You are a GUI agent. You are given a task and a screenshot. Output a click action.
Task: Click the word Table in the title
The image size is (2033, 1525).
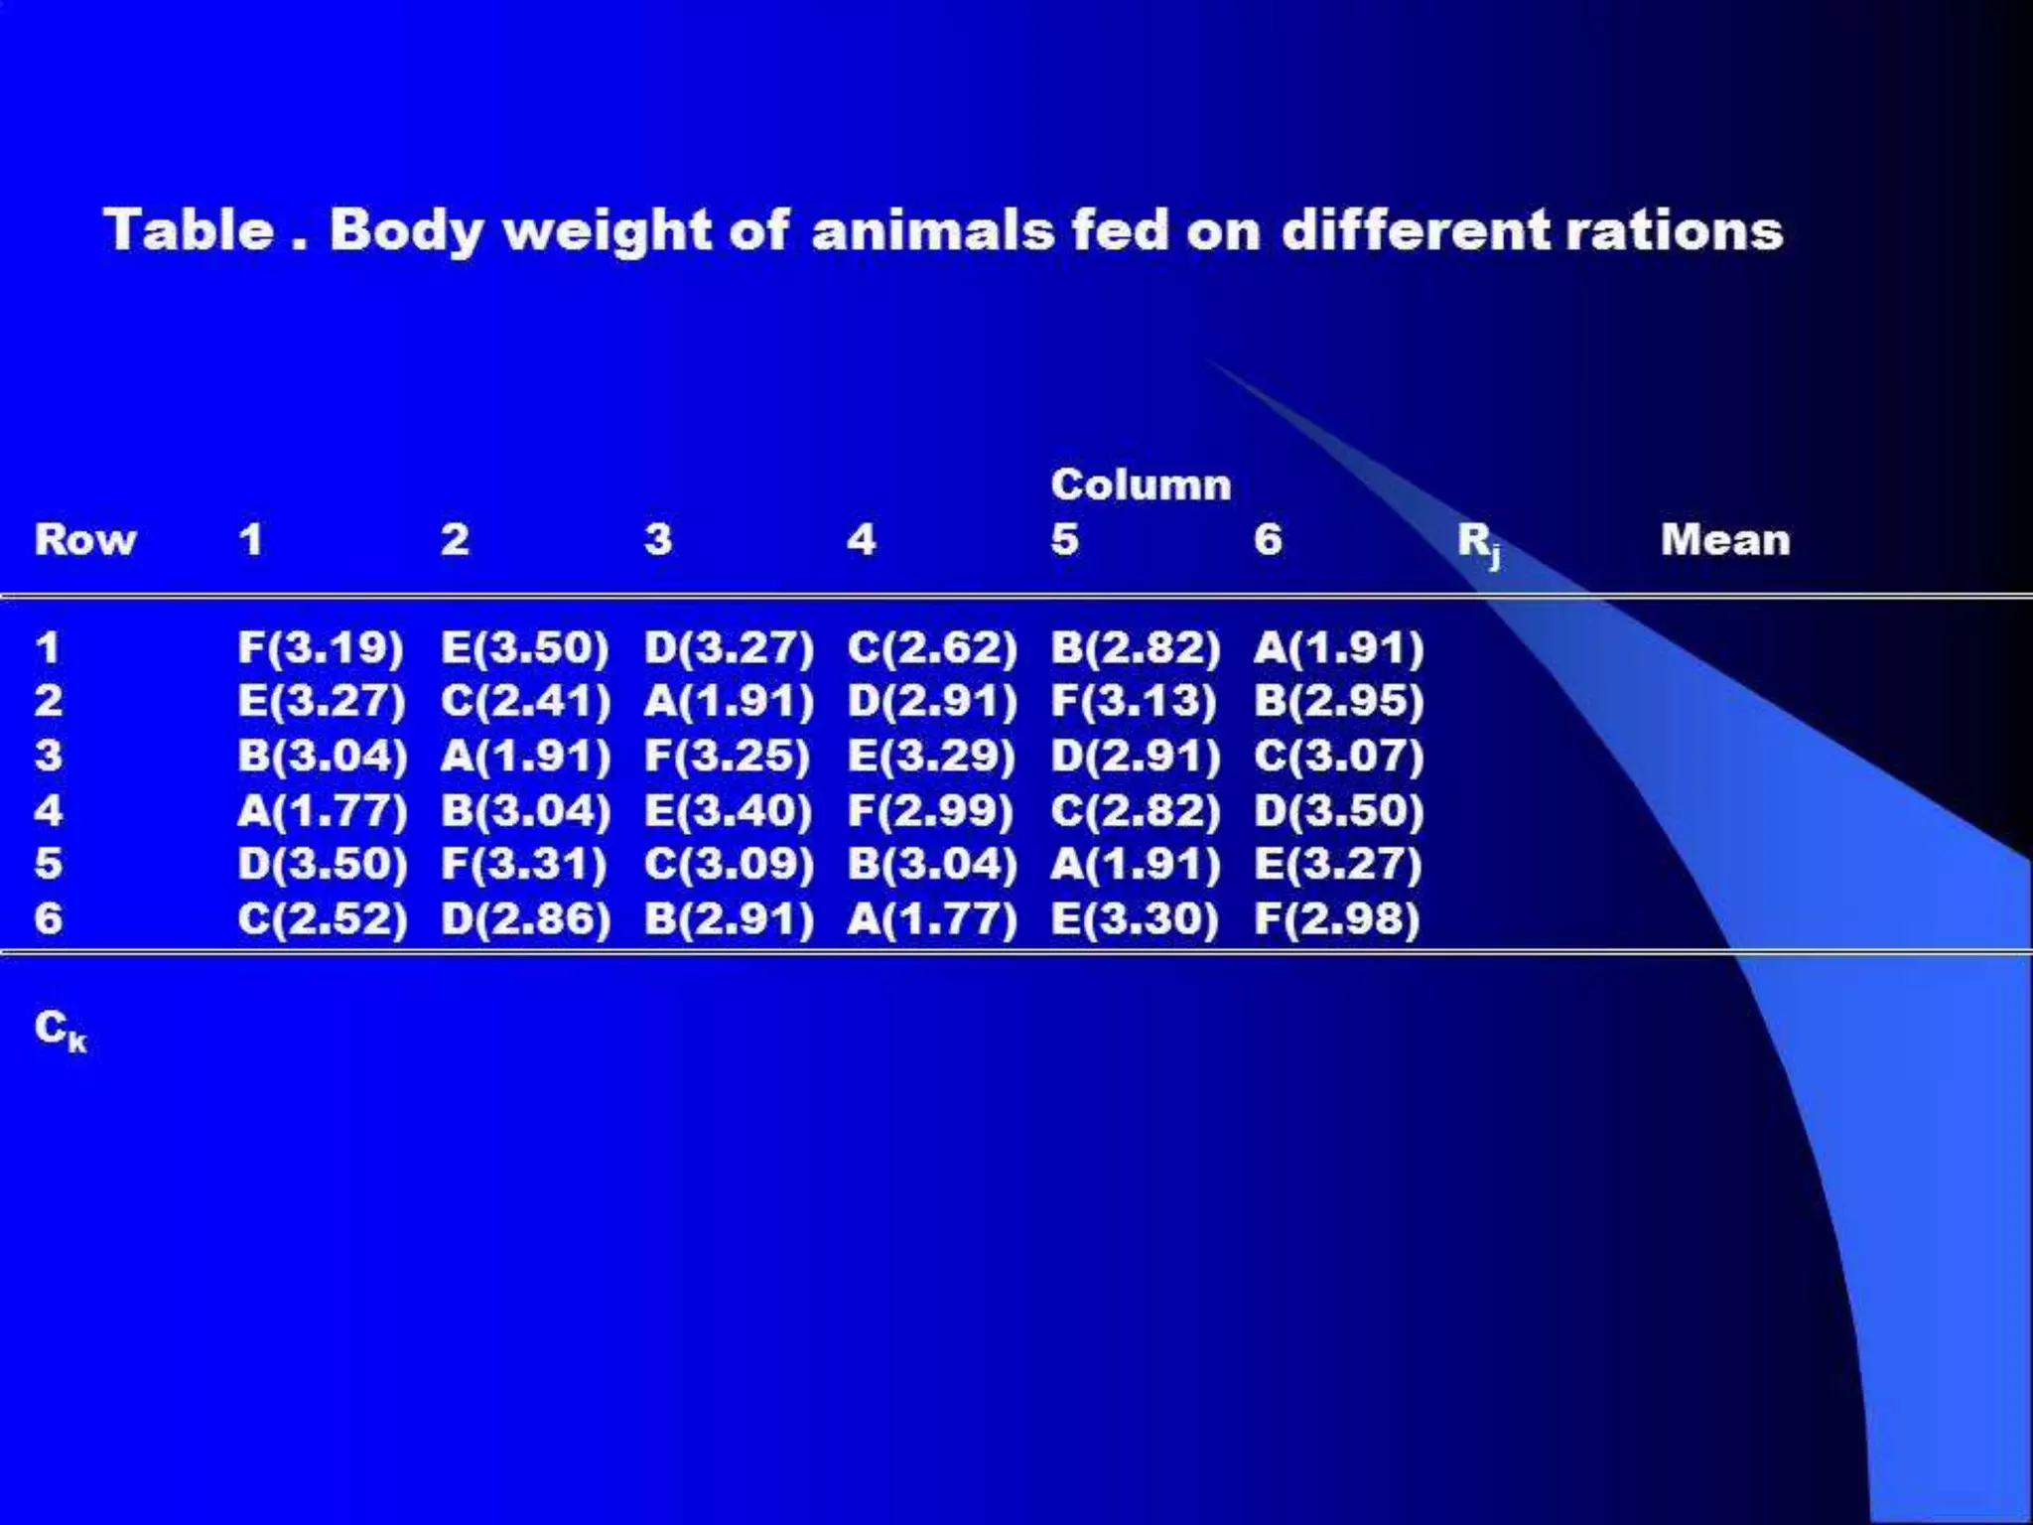click(189, 230)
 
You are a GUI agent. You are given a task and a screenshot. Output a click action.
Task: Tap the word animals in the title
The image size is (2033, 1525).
click(932, 230)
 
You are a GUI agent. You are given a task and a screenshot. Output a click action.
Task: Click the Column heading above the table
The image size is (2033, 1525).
click(1141, 485)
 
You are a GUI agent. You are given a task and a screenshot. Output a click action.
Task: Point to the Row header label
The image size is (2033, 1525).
click(85, 539)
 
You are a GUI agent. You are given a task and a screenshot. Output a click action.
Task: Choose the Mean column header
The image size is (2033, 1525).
click(1725, 539)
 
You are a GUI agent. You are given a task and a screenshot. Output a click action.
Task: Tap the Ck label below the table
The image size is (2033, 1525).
click(61, 1030)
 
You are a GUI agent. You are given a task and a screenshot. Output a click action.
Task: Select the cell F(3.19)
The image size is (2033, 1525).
click(321, 647)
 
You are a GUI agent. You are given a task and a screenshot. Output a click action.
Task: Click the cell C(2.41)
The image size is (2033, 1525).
click(525, 701)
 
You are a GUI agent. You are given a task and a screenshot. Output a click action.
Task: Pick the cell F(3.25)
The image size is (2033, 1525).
click(728, 756)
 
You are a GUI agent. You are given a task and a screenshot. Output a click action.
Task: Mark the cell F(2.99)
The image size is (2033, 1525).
click(930, 810)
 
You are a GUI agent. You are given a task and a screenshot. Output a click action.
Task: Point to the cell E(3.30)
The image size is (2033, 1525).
click(1134, 918)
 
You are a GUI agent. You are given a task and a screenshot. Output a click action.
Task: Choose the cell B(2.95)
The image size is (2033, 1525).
click(1338, 701)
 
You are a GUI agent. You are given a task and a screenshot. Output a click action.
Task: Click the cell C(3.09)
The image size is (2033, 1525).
click(729, 864)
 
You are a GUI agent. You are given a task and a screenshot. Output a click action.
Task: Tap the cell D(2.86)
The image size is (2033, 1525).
click(525, 918)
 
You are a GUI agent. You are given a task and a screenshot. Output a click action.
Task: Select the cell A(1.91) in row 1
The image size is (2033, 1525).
click(1338, 647)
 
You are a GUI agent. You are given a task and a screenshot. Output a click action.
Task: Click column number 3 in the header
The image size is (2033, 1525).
click(657, 539)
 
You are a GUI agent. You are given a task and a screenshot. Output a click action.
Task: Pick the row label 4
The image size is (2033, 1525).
click(48, 810)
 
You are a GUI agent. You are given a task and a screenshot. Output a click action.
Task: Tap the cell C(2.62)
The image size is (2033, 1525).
click(932, 647)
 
